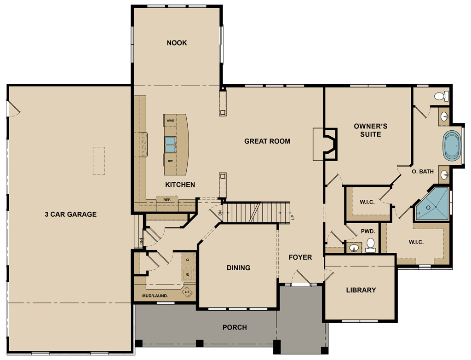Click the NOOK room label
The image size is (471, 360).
(x=177, y=43)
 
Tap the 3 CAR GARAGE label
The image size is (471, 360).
(x=70, y=214)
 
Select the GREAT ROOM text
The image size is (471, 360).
(x=267, y=141)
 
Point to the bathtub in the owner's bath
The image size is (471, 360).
(x=453, y=145)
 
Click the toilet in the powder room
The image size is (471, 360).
(x=370, y=245)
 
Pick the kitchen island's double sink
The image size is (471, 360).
(x=170, y=145)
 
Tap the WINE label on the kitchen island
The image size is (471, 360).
(x=170, y=120)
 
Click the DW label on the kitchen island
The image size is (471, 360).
(x=170, y=161)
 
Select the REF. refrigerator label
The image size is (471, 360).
(x=167, y=200)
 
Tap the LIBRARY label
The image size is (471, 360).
(x=361, y=290)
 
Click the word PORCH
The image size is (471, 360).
(x=235, y=327)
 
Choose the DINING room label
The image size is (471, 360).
(x=238, y=267)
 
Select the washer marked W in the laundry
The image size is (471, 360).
(x=188, y=275)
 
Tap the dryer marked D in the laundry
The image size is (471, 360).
(x=188, y=260)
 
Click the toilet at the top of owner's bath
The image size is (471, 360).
(x=440, y=96)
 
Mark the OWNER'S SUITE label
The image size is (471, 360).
(x=370, y=130)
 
